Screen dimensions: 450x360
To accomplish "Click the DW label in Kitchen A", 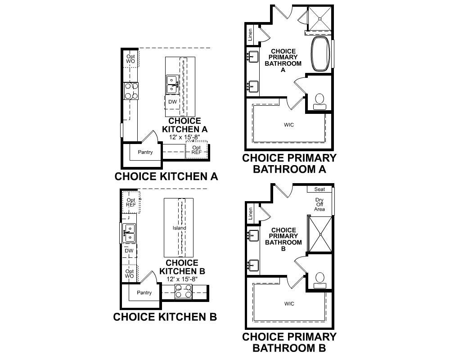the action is [172, 102].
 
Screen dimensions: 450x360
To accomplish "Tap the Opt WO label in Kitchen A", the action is [130, 59].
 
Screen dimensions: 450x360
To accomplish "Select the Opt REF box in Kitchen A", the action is [197, 149].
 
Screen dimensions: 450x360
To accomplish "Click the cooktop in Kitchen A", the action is [131, 91].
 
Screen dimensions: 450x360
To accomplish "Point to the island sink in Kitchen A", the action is [172, 85].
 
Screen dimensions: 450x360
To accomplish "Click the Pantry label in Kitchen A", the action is [145, 152].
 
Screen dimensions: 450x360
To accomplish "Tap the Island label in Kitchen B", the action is [180, 228].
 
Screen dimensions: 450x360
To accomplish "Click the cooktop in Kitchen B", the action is [184, 292].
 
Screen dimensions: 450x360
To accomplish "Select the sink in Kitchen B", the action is [129, 233].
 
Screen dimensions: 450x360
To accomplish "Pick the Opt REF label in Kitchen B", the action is [131, 202].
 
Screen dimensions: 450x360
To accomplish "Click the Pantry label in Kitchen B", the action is [144, 293].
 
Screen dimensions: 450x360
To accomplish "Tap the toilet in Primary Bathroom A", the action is [319, 102].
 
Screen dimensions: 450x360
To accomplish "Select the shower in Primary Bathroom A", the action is [319, 18].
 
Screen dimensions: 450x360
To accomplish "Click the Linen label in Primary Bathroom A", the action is [250, 35].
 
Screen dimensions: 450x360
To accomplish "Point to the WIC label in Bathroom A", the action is [289, 125].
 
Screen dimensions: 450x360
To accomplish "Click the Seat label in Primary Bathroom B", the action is [319, 189].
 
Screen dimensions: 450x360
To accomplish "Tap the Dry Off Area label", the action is [319, 204].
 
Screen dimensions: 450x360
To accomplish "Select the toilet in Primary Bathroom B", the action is [319, 280].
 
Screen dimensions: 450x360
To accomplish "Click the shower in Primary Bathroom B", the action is [319, 234].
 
